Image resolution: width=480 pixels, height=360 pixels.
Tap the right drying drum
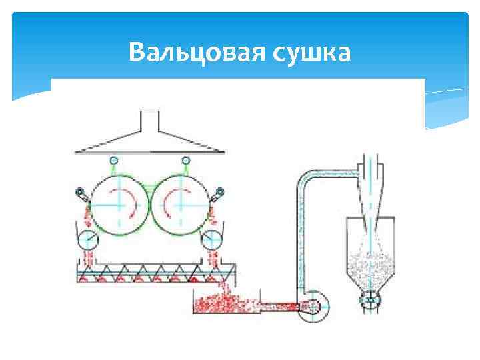click(x=179, y=201)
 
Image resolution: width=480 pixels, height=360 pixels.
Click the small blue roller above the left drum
click(x=113, y=160)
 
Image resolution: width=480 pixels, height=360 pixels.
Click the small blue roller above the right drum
click(x=185, y=160)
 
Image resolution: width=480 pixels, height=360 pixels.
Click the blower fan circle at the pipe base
click(x=312, y=307)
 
